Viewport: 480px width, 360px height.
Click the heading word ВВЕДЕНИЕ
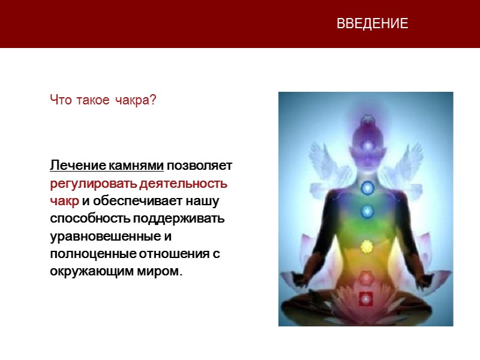[x=372, y=24]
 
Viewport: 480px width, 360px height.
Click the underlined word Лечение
[x=78, y=166]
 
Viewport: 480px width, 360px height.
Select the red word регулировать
[x=94, y=183]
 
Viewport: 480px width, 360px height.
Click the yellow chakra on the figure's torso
[x=365, y=245]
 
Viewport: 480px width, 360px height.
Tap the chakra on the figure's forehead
[x=365, y=144]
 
